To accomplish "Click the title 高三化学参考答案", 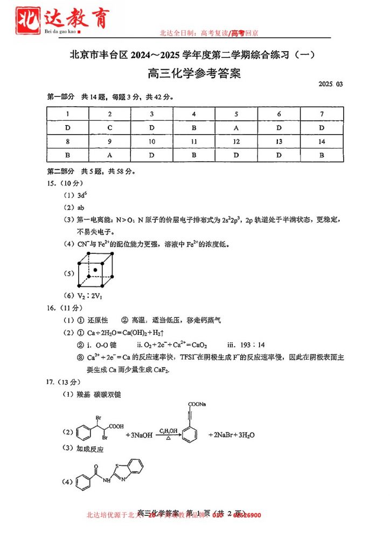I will point(194,74).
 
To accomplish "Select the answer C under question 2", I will point(110,128).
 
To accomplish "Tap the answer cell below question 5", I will point(236,128).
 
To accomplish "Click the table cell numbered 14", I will point(322,142).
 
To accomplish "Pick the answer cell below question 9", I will point(110,155).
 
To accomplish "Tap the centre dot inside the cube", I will point(96,269).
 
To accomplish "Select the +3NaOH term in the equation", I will point(138,435).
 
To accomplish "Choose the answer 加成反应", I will point(90,448).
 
